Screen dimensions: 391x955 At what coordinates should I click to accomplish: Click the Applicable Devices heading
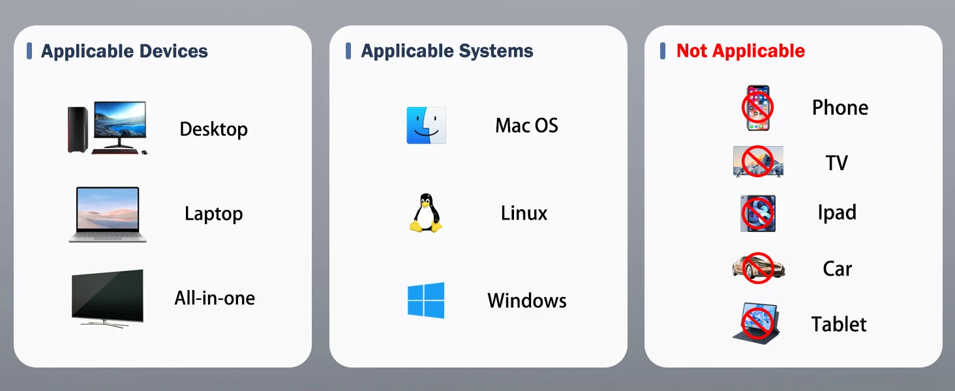(x=124, y=51)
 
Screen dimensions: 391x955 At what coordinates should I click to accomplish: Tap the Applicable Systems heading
(x=447, y=51)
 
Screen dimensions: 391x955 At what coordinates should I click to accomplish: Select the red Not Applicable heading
(x=740, y=51)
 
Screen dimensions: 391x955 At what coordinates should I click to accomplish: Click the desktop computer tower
(x=78, y=129)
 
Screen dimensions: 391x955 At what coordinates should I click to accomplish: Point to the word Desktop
(x=213, y=129)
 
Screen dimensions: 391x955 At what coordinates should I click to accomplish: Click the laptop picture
(x=108, y=214)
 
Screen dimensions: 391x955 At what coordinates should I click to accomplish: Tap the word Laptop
(x=213, y=214)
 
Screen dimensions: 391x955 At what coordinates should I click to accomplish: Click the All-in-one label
(x=215, y=298)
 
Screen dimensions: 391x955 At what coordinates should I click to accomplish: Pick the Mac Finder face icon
(x=426, y=125)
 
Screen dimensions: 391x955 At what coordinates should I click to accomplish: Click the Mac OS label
(x=526, y=125)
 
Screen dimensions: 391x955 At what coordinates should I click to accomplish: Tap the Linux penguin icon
(x=426, y=212)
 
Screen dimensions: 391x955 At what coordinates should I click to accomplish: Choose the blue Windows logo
(x=426, y=300)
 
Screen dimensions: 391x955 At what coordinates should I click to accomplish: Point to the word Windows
(x=526, y=300)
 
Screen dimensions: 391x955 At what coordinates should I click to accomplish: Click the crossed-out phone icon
(x=757, y=108)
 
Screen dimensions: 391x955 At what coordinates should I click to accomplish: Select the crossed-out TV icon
(x=757, y=161)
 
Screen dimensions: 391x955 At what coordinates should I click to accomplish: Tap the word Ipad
(x=837, y=212)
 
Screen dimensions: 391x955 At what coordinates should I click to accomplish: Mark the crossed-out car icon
(x=758, y=267)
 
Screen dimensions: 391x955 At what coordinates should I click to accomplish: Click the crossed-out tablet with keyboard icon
(x=757, y=323)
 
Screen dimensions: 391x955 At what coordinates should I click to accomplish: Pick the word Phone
(x=840, y=108)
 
